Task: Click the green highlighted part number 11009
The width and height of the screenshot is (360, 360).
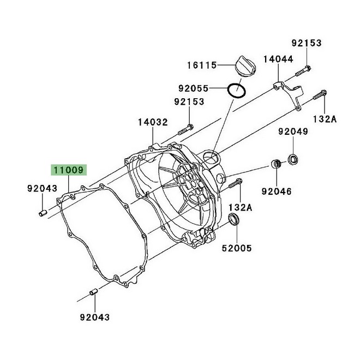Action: [68, 170]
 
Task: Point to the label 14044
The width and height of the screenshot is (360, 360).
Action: [279, 58]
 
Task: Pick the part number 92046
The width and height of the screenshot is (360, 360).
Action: [276, 191]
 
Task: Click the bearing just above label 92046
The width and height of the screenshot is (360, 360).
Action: [276, 165]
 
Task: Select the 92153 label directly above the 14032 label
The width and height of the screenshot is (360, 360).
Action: [189, 101]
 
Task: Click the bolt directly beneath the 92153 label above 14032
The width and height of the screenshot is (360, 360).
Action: [185, 130]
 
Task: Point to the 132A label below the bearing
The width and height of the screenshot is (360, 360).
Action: [240, 207]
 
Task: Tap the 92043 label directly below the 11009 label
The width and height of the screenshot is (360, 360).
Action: [42, 189]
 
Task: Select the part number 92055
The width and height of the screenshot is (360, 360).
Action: [193, 87]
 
